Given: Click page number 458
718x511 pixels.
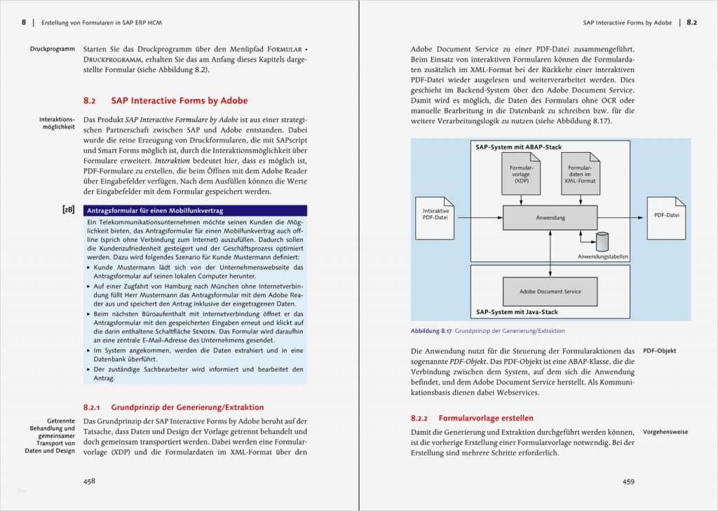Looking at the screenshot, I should tap(89, 481).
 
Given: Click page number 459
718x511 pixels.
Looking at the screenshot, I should tap(628, 481).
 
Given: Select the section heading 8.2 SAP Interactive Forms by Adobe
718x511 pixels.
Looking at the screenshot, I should tap(165, 101).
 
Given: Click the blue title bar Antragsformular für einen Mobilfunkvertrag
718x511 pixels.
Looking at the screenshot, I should tap(195, 210).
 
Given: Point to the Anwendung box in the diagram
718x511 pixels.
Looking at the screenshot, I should tap(550, 218).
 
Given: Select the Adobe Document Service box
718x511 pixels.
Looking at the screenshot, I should tap(550, 292).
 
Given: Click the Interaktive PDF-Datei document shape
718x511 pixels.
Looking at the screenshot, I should tap(436, 214).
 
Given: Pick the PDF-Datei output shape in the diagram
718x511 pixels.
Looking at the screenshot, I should tap(665, 215).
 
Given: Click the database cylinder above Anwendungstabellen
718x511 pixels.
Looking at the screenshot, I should tap(601, 243).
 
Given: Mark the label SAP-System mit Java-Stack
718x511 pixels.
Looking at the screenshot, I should tap(517, 312).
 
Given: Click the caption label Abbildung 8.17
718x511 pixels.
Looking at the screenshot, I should tap(431, 331).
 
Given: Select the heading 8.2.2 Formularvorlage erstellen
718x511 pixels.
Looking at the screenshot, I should tap(472, 418).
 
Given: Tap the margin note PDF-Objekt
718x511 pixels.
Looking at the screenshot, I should tap(660, 350).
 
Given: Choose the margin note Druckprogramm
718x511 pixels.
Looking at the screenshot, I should tap(52, 49).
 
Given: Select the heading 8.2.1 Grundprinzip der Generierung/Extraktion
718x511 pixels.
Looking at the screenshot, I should tap(173, 407).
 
